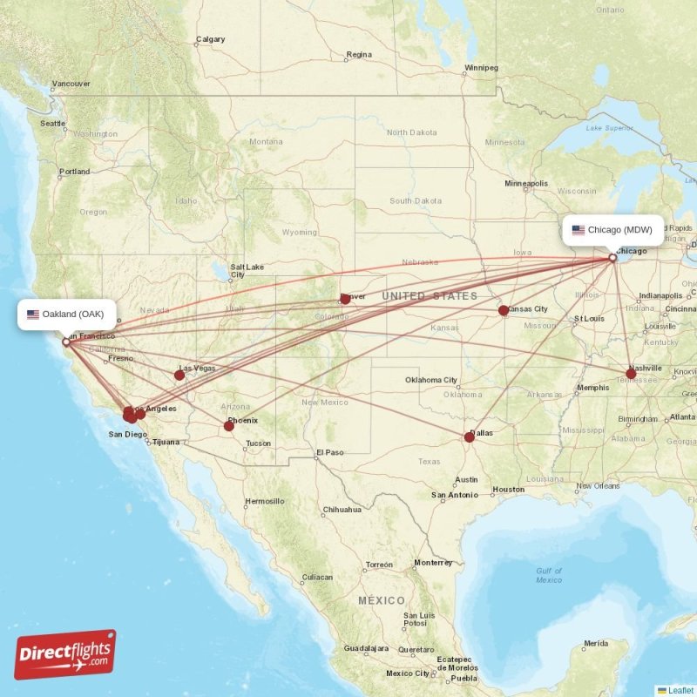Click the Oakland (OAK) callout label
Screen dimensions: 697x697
point(65,314)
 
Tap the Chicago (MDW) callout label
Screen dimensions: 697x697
point(612,230)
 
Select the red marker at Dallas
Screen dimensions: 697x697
point(469,436)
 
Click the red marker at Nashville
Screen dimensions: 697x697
point(631,374)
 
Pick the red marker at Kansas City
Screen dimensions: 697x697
point(504,310)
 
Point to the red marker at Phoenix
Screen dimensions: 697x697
point(229,426)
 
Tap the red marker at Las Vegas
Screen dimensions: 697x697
point(179,376)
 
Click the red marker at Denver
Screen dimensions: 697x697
point(345,299)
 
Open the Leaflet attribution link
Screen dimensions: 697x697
point(680,690)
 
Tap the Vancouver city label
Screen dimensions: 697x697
point(71,85)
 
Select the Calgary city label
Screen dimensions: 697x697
point(210,39)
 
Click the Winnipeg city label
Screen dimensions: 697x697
point(481,67)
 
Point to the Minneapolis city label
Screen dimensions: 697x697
point(526,184)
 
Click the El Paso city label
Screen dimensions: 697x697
point(331,452)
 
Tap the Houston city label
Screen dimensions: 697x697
point(508,490)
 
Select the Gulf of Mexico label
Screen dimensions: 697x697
point(549,575)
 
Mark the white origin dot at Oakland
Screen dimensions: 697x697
point(65,342)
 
